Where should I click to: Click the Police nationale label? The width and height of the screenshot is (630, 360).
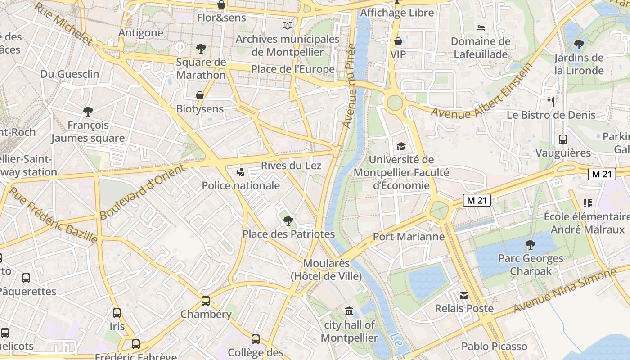tap(240, 185)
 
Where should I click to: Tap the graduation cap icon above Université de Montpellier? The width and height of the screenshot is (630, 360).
tap(401, 146)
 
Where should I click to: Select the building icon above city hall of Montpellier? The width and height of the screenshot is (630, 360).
tap(349, 311)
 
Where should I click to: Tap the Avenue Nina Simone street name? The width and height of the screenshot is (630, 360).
tap(564, 291)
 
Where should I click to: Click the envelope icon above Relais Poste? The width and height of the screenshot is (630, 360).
tap(464, 296)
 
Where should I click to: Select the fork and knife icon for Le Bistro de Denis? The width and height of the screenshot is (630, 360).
tap(551, 101)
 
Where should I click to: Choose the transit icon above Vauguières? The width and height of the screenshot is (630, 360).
tap(563, 139)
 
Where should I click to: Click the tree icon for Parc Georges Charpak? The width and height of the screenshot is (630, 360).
tap(531, 245)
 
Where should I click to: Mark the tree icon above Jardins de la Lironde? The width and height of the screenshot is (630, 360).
tap(579, 45)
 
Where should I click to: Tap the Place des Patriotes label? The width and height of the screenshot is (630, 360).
tap(288, 234)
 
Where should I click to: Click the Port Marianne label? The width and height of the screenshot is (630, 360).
tap(409, 237)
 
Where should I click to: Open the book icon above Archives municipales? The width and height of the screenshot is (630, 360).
tap(288, 26)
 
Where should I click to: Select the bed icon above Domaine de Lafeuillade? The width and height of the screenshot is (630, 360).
tap(481, 28)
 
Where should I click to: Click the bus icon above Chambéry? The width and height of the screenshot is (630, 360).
tap(206, 301)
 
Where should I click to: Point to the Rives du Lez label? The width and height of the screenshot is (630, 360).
tap(291, 166)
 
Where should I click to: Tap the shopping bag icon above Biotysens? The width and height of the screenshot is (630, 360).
tap(200, 95)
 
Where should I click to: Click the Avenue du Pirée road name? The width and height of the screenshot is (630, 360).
tap(349, 85)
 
